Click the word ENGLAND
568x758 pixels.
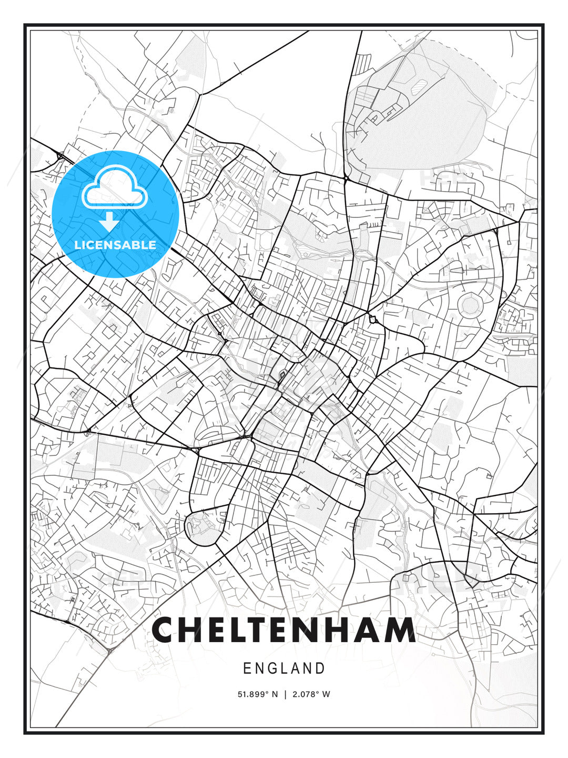click(x=284, y=669)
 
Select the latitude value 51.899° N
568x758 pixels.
click(x=258, y=694)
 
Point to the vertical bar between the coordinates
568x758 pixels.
click(x=285, y=694)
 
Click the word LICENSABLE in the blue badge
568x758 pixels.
click(x=115, y=245)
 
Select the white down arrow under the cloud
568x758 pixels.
click(x=109, y=222)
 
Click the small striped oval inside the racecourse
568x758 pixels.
click(x=419, y=85)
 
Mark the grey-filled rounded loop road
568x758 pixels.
click(x=203, y=526)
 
